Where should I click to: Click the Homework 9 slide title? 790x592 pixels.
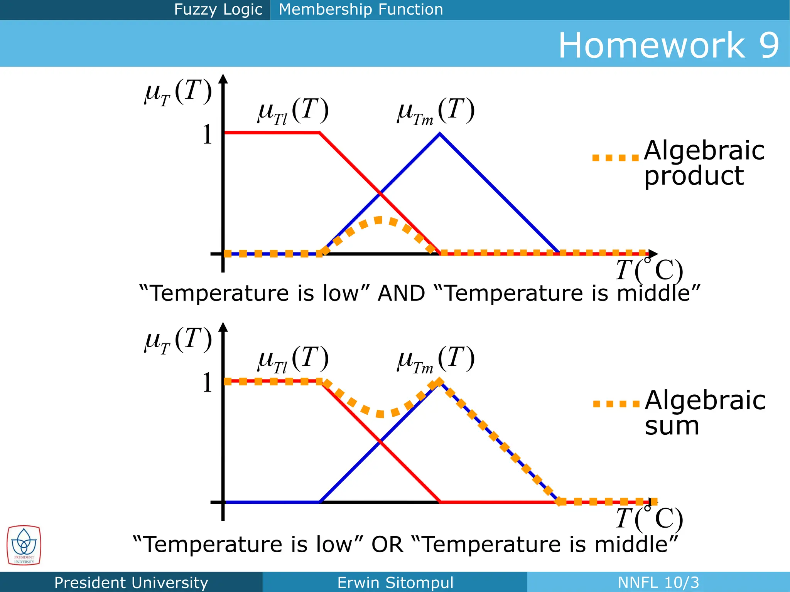[668, 45]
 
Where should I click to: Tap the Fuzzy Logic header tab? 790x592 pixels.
[218, 9]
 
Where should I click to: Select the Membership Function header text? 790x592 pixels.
[361, 9]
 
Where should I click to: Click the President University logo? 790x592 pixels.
[24, 545]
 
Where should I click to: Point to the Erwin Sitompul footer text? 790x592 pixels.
[395, 582]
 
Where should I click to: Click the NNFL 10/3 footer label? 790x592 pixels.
[658, 582]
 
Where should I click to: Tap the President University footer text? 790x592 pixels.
[131, 582]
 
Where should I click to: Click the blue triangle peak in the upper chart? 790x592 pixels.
[440, 134]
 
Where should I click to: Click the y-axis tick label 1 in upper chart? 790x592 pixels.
[208, 135]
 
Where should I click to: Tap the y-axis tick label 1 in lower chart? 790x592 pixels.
[208, 383]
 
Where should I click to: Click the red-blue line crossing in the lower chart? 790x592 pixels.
[380, 442]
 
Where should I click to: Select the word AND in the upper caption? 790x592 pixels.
[401, 293]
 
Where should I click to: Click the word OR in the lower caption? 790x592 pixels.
[387, 544]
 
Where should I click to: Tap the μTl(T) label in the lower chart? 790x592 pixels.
[293, 359]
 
